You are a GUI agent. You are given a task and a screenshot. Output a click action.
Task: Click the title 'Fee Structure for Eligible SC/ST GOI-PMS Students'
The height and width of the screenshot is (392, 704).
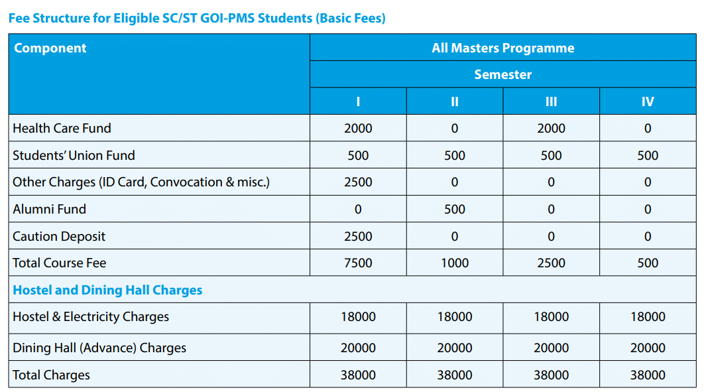click(197, 18)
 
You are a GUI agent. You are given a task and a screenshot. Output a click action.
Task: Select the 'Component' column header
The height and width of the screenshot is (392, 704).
click(50, 48)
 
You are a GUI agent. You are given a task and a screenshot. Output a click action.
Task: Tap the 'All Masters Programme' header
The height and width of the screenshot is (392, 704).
click(502, 48)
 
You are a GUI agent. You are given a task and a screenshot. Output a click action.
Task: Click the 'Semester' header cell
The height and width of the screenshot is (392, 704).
click(502, 74)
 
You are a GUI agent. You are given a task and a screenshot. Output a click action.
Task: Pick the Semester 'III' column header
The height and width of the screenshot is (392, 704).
click(551, 101)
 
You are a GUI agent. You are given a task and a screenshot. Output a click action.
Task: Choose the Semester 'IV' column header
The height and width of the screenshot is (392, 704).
click(648, 101)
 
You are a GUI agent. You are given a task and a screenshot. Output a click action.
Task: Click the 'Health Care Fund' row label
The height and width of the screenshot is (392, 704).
click(62, 128)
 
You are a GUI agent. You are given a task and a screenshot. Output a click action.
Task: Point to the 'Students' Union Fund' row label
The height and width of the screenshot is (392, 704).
click(74, 155)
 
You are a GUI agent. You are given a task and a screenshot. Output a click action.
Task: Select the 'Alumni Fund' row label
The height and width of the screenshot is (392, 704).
click(49, 209)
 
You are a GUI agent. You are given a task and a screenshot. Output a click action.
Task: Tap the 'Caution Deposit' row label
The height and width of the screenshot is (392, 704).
click(59, 236)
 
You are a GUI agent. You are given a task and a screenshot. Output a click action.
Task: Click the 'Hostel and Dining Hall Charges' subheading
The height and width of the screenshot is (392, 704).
click(107, 290)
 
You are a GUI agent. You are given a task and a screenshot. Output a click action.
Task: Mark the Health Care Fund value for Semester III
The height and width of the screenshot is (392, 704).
click(551, 128)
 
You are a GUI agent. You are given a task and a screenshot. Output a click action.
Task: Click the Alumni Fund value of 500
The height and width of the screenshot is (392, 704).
click(455, 209)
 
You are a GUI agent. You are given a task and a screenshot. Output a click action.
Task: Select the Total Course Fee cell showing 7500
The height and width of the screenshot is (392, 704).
click(358, 263)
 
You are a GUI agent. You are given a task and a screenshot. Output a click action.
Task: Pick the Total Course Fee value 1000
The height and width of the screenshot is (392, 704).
click(455, 263)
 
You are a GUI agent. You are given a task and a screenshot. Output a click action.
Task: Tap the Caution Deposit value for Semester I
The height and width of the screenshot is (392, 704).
click(358, 236)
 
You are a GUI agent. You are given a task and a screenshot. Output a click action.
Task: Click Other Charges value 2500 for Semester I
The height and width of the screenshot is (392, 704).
click(358, 182)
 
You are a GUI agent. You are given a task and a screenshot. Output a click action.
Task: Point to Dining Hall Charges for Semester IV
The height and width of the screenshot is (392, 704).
click(648, 348)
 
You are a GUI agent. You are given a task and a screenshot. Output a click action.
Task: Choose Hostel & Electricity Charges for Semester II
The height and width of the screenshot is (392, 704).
click(455, 316)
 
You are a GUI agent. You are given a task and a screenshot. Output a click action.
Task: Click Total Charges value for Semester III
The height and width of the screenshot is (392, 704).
click(551, 375)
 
